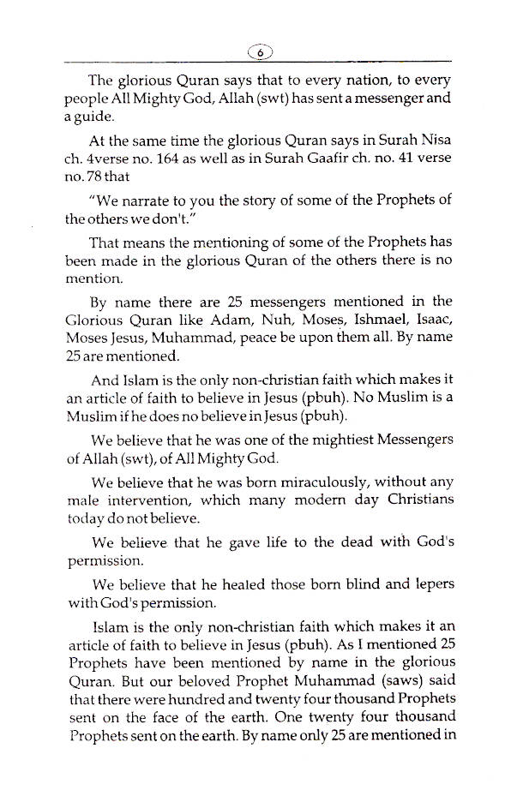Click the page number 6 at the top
(x=258, y=51)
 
